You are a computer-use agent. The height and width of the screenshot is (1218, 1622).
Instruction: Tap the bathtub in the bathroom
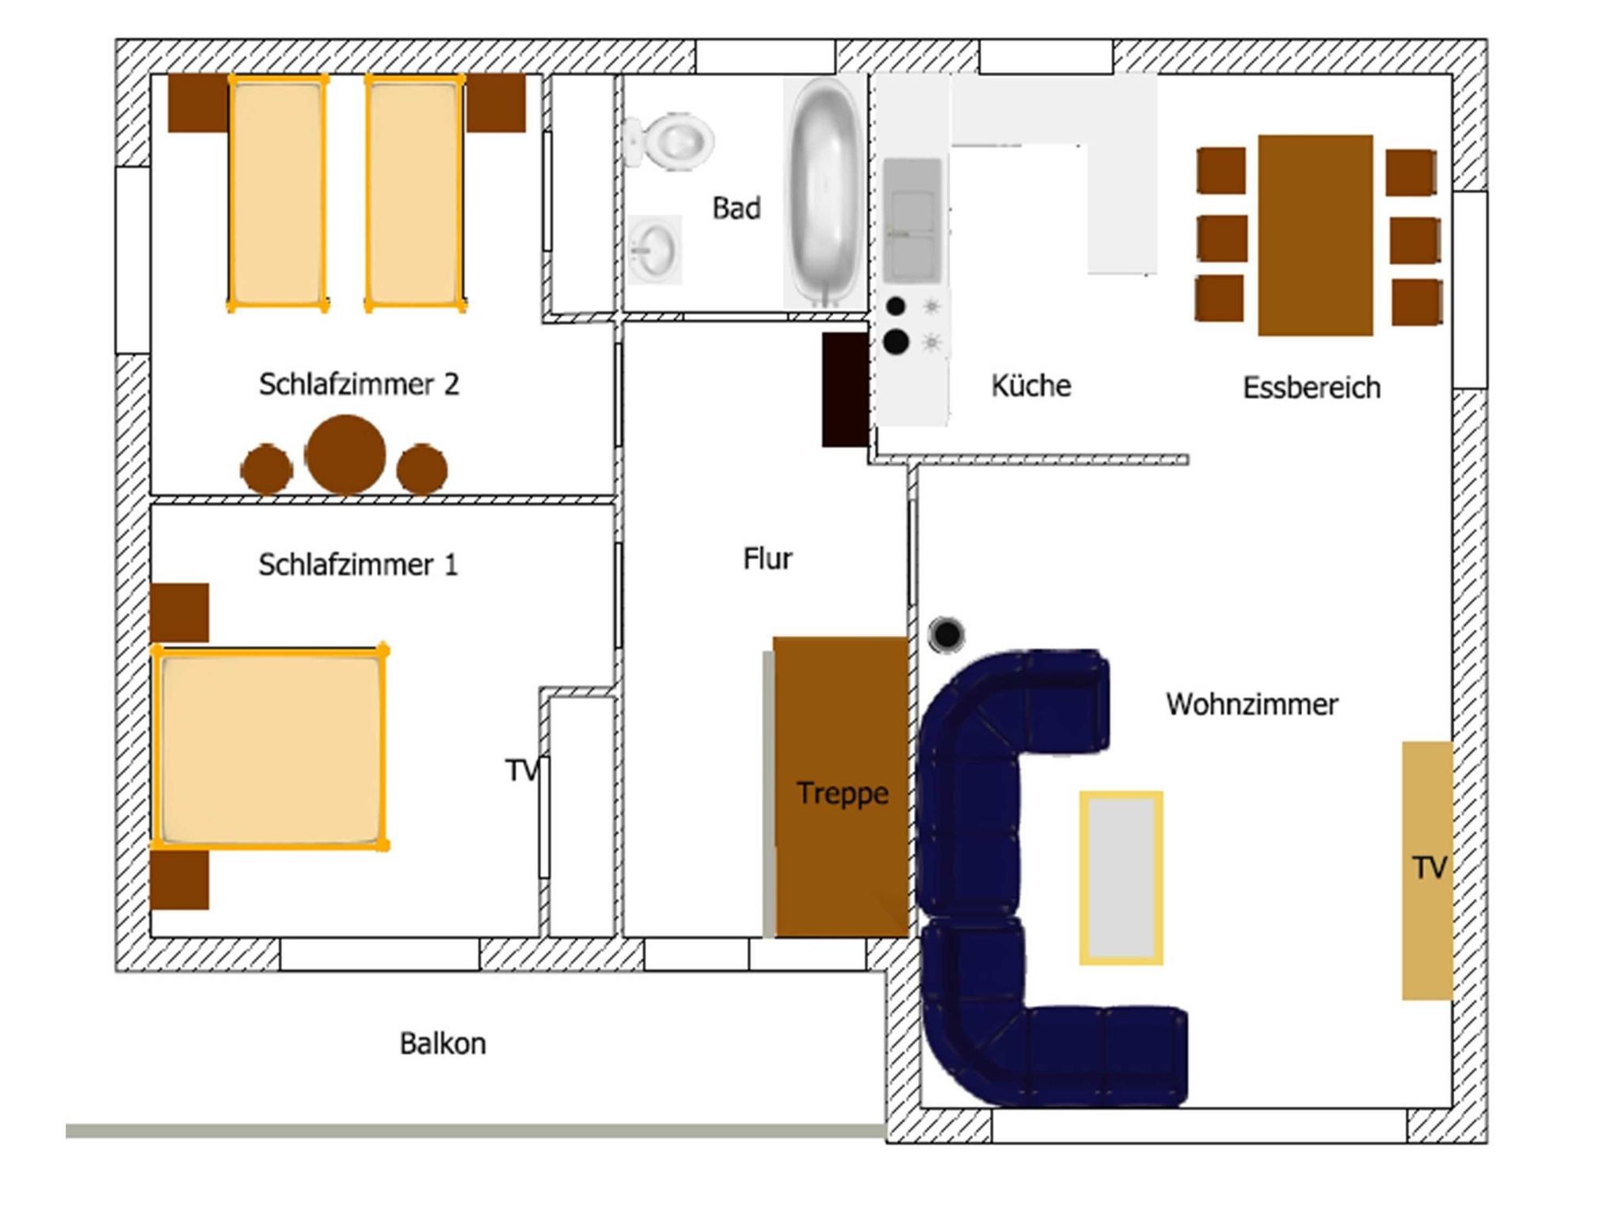825,192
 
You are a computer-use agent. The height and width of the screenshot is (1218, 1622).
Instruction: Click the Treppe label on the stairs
842,793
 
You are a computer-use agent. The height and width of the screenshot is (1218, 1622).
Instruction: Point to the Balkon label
443,1043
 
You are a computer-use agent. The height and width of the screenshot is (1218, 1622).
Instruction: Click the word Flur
767,558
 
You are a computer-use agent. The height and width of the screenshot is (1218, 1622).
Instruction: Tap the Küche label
1030,385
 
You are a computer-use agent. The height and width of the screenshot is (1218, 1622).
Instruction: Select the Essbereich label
1312,387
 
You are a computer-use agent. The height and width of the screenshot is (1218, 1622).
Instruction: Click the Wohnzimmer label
1252,703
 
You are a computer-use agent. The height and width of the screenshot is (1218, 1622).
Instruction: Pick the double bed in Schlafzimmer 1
269,747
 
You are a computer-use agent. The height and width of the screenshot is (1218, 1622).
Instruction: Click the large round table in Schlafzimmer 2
345,455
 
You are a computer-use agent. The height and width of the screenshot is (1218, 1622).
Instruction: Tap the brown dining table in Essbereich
1315,235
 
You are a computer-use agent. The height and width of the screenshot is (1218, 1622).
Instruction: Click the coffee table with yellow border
1121,877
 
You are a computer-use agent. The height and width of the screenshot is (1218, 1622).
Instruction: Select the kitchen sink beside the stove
912,220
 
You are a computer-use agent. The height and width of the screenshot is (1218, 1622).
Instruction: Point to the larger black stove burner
896,341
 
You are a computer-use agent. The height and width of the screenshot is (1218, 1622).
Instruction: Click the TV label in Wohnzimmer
1430,867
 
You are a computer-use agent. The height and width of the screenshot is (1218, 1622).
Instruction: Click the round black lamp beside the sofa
946,634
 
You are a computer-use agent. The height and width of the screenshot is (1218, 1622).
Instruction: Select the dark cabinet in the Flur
845,389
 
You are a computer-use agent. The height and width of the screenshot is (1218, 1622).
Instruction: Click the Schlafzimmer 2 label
359,383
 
